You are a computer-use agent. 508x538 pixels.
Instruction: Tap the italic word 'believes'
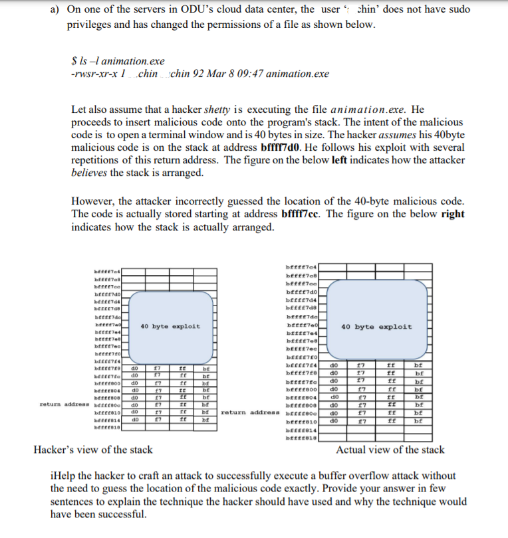(90, 173)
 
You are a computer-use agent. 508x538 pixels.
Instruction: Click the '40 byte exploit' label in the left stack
(170, 326)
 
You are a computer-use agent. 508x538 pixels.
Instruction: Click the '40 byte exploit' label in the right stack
(376, 327)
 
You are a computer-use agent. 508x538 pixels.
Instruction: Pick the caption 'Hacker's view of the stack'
(93, 450)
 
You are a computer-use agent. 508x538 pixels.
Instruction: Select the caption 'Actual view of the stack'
(390, 450)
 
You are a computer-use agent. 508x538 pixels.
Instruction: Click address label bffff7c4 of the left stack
(108, 270)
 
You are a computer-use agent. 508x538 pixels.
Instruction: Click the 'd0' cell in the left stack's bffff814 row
(134, 420)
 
